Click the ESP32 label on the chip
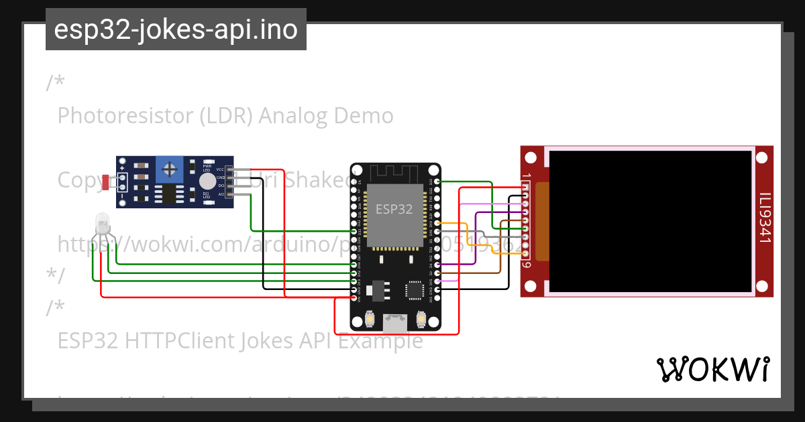tap(394, 209)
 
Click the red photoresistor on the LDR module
tap(107, 182)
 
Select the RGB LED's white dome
tap(102, 222)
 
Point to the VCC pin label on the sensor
tap(220, 169)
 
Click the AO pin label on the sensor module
tap(220, 194)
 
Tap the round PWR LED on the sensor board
tap(208, 182)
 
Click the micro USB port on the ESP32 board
tap(395, 324)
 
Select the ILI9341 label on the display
tap(764, 218)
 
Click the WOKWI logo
tap(712, 369)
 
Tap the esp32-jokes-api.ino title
tap(176, 29)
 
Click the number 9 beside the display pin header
tap(527, 265)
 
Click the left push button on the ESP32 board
tap(370, 320)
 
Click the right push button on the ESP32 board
tap(421, 320)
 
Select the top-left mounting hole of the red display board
tap(531, 158)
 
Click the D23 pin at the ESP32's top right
tap(437, 181)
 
